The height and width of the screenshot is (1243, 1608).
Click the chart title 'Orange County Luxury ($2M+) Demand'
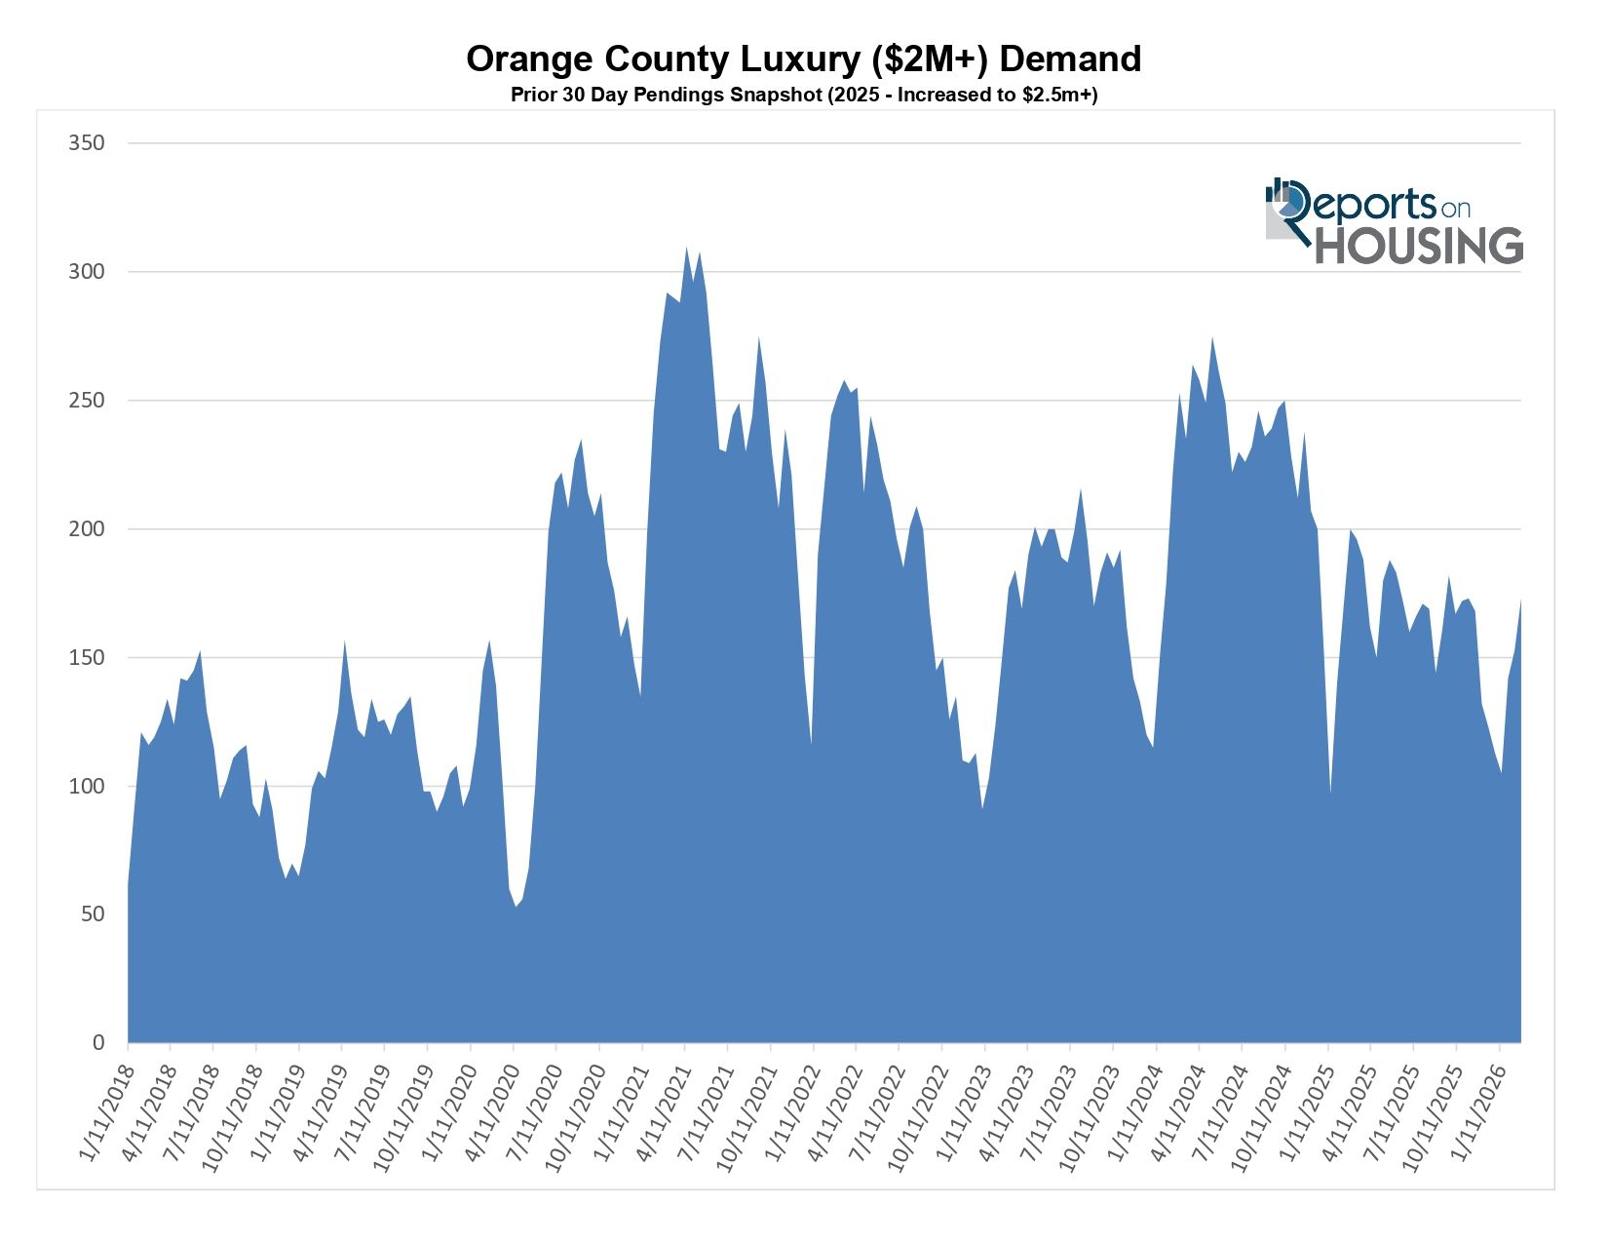pos(803,59)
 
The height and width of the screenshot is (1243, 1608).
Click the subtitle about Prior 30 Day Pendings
pos(803,96)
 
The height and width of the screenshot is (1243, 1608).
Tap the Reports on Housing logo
pos(1393,221)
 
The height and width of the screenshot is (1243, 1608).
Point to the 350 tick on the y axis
pos(86,143)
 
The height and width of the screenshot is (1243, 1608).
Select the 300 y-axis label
pos(86,272)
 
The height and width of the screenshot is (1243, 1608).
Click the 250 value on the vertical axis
pos(86,401)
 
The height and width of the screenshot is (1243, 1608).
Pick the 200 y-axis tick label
pos(86,529)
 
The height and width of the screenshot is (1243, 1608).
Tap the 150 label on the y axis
pos(86,658)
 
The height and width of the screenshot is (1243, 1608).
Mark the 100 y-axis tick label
pos(86,786)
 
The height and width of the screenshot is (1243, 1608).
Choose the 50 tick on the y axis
pos(91,914)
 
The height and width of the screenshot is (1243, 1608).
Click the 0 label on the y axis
pos(97,1043)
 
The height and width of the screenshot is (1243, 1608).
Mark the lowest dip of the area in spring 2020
pos(516,905)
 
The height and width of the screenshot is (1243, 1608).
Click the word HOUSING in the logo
pos(1418,246)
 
